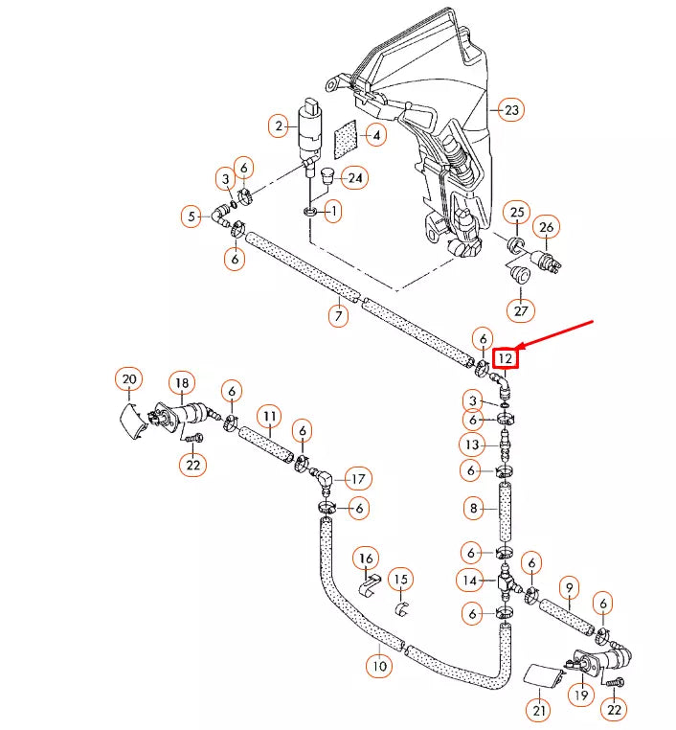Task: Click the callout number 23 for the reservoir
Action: pyautogui.click(x=511, y=110)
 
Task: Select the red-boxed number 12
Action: pyautogui.click(x=506, y=359)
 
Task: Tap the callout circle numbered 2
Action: pyautogui.click(x=280, y=125)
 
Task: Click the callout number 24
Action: pyautogui.click(x=355, y=178)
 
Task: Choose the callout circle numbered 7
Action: pyautogui.click(x=338, y=314)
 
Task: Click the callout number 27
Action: pyautogui.click(x=522, y=310)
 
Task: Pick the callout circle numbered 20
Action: pyautogui.click(x=128, y=380)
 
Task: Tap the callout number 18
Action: pyautogui.click(x=181, y=383)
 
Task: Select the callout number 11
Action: pyautogui.click(x=270, y=417)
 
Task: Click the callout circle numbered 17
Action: pyautogui.click(x=357, y=478)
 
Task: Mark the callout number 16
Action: pyautogui.click(x=365, y=558)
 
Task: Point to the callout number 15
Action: pyautogui.click(x=401, y=580)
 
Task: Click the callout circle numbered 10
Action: pyautogui.click(x=379, y=666)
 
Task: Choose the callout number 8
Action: pyautogui.click(x=473, y=509)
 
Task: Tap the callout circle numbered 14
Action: pyautogui.click(x=470, y=580)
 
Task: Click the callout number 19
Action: pyautogui.click(x=580, y=695)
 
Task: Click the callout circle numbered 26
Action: pyautogui.click(x=546, y=227)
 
